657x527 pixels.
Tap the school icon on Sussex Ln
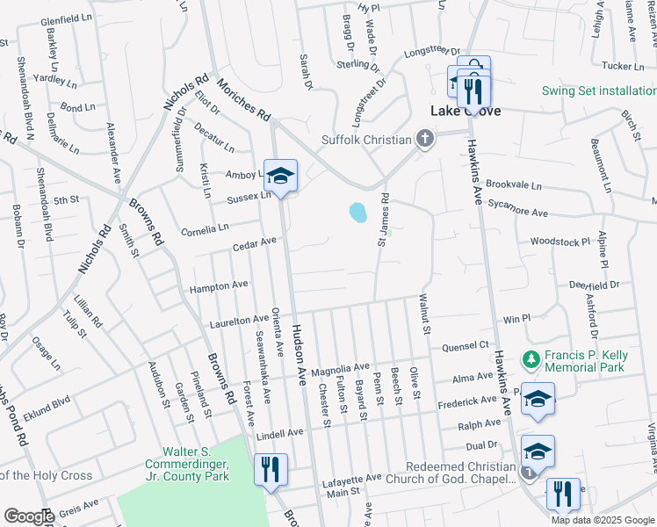281,176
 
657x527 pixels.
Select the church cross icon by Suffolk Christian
425,140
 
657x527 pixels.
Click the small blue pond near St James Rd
357,213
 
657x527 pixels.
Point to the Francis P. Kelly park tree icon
530,359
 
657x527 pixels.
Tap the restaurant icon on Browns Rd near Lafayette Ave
270,469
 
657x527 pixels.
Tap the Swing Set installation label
597,90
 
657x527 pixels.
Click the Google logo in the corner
28,516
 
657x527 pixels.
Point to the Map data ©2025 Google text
602,519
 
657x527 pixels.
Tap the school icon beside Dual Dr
538,451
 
